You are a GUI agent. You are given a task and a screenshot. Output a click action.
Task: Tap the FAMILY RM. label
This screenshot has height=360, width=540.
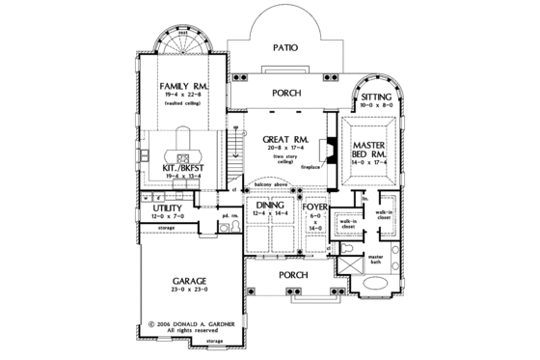coord(180,87)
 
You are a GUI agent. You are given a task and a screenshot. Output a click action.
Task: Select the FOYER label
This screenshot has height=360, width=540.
coord(313,207)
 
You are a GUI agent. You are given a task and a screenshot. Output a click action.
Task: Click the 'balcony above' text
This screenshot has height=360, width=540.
coord(272,180)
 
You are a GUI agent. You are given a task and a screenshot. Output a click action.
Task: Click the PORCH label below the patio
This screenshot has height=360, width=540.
coord(286,94)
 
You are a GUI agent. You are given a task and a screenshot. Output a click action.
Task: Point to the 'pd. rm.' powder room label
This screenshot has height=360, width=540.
coord(229,216)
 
